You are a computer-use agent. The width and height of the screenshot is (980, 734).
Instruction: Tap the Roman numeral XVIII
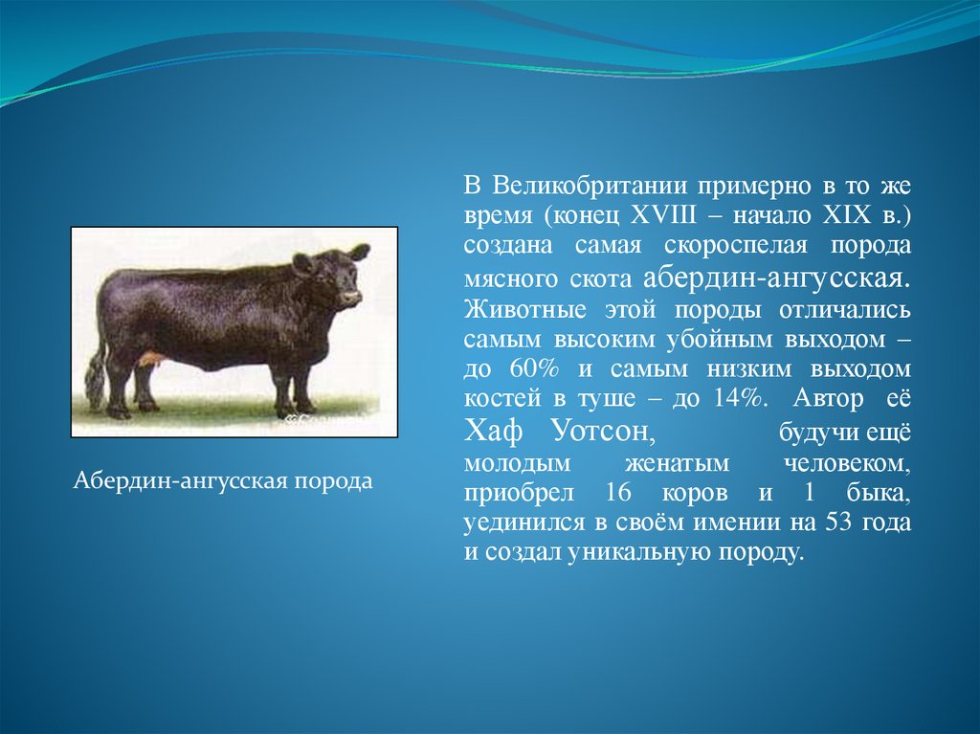[x=663, y=215]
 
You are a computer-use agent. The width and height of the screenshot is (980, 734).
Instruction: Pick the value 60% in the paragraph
[x=534, y=368]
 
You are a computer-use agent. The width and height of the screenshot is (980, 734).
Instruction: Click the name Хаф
[x=493, y=432]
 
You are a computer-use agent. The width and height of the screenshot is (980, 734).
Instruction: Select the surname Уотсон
[x=605, y=432]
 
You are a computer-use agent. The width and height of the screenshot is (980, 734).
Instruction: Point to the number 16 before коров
[x=618, y=493]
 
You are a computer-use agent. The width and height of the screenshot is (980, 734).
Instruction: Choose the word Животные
[x=525, y=309]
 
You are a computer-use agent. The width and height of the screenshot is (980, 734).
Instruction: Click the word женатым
[x=677, y=464]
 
